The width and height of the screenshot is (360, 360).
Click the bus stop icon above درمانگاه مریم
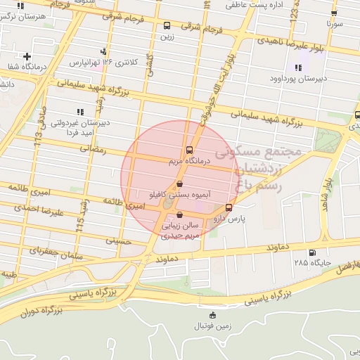pos(189,150)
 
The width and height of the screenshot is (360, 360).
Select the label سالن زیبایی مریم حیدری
pos(181,231)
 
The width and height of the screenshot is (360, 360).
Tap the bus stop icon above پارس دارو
pos(229,207)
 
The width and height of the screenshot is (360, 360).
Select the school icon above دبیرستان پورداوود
pos(298,68)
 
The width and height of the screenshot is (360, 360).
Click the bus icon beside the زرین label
pos(166,25)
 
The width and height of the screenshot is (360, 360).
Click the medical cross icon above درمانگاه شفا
pos(27,56)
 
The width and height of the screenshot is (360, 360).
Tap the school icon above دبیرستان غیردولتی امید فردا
pos(79,111)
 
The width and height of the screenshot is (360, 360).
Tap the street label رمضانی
pos(93,149)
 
